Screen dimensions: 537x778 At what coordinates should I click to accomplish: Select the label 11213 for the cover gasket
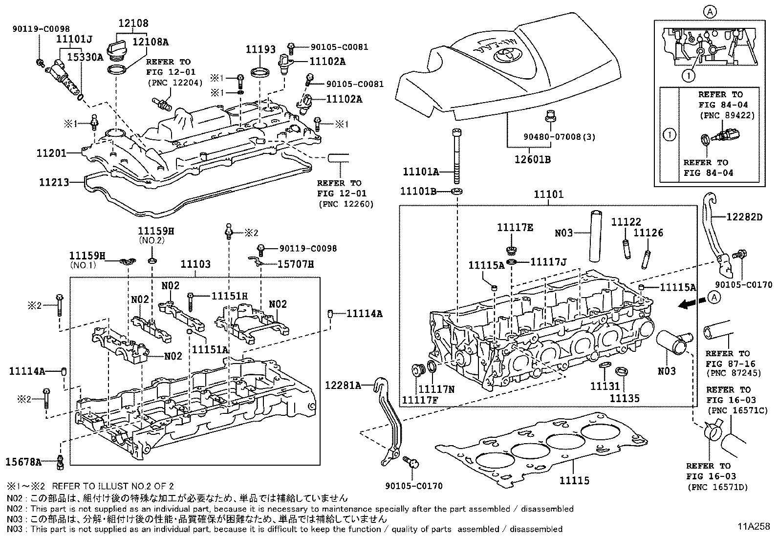[53, 183]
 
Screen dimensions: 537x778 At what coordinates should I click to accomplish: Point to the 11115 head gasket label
[574, 481]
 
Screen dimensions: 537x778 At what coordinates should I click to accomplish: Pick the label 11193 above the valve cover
[260, 49]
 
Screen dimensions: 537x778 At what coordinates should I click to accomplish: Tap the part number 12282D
[744, 216]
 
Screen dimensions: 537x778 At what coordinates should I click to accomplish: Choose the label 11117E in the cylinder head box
[515, 227]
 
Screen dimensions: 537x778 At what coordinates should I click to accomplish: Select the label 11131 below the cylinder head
[605, 387]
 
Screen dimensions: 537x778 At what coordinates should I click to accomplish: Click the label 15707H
[295, 264]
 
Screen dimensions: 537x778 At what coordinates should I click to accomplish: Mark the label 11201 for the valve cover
[51, 153]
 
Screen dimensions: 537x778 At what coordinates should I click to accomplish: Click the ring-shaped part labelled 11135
[622, 371]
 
